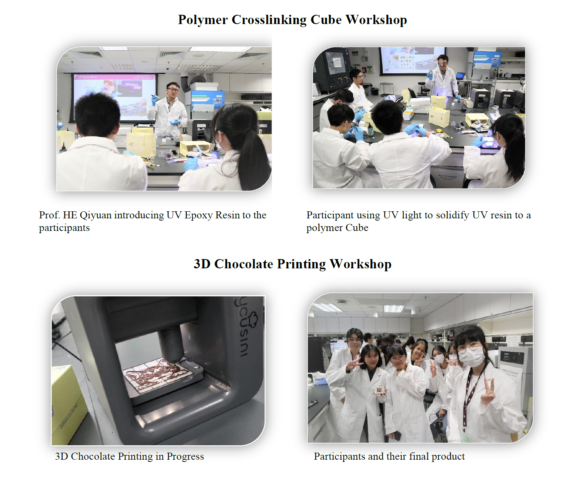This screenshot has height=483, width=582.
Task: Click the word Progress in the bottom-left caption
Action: click(185, 457)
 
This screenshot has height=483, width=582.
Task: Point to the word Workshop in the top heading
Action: click(376, 20)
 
